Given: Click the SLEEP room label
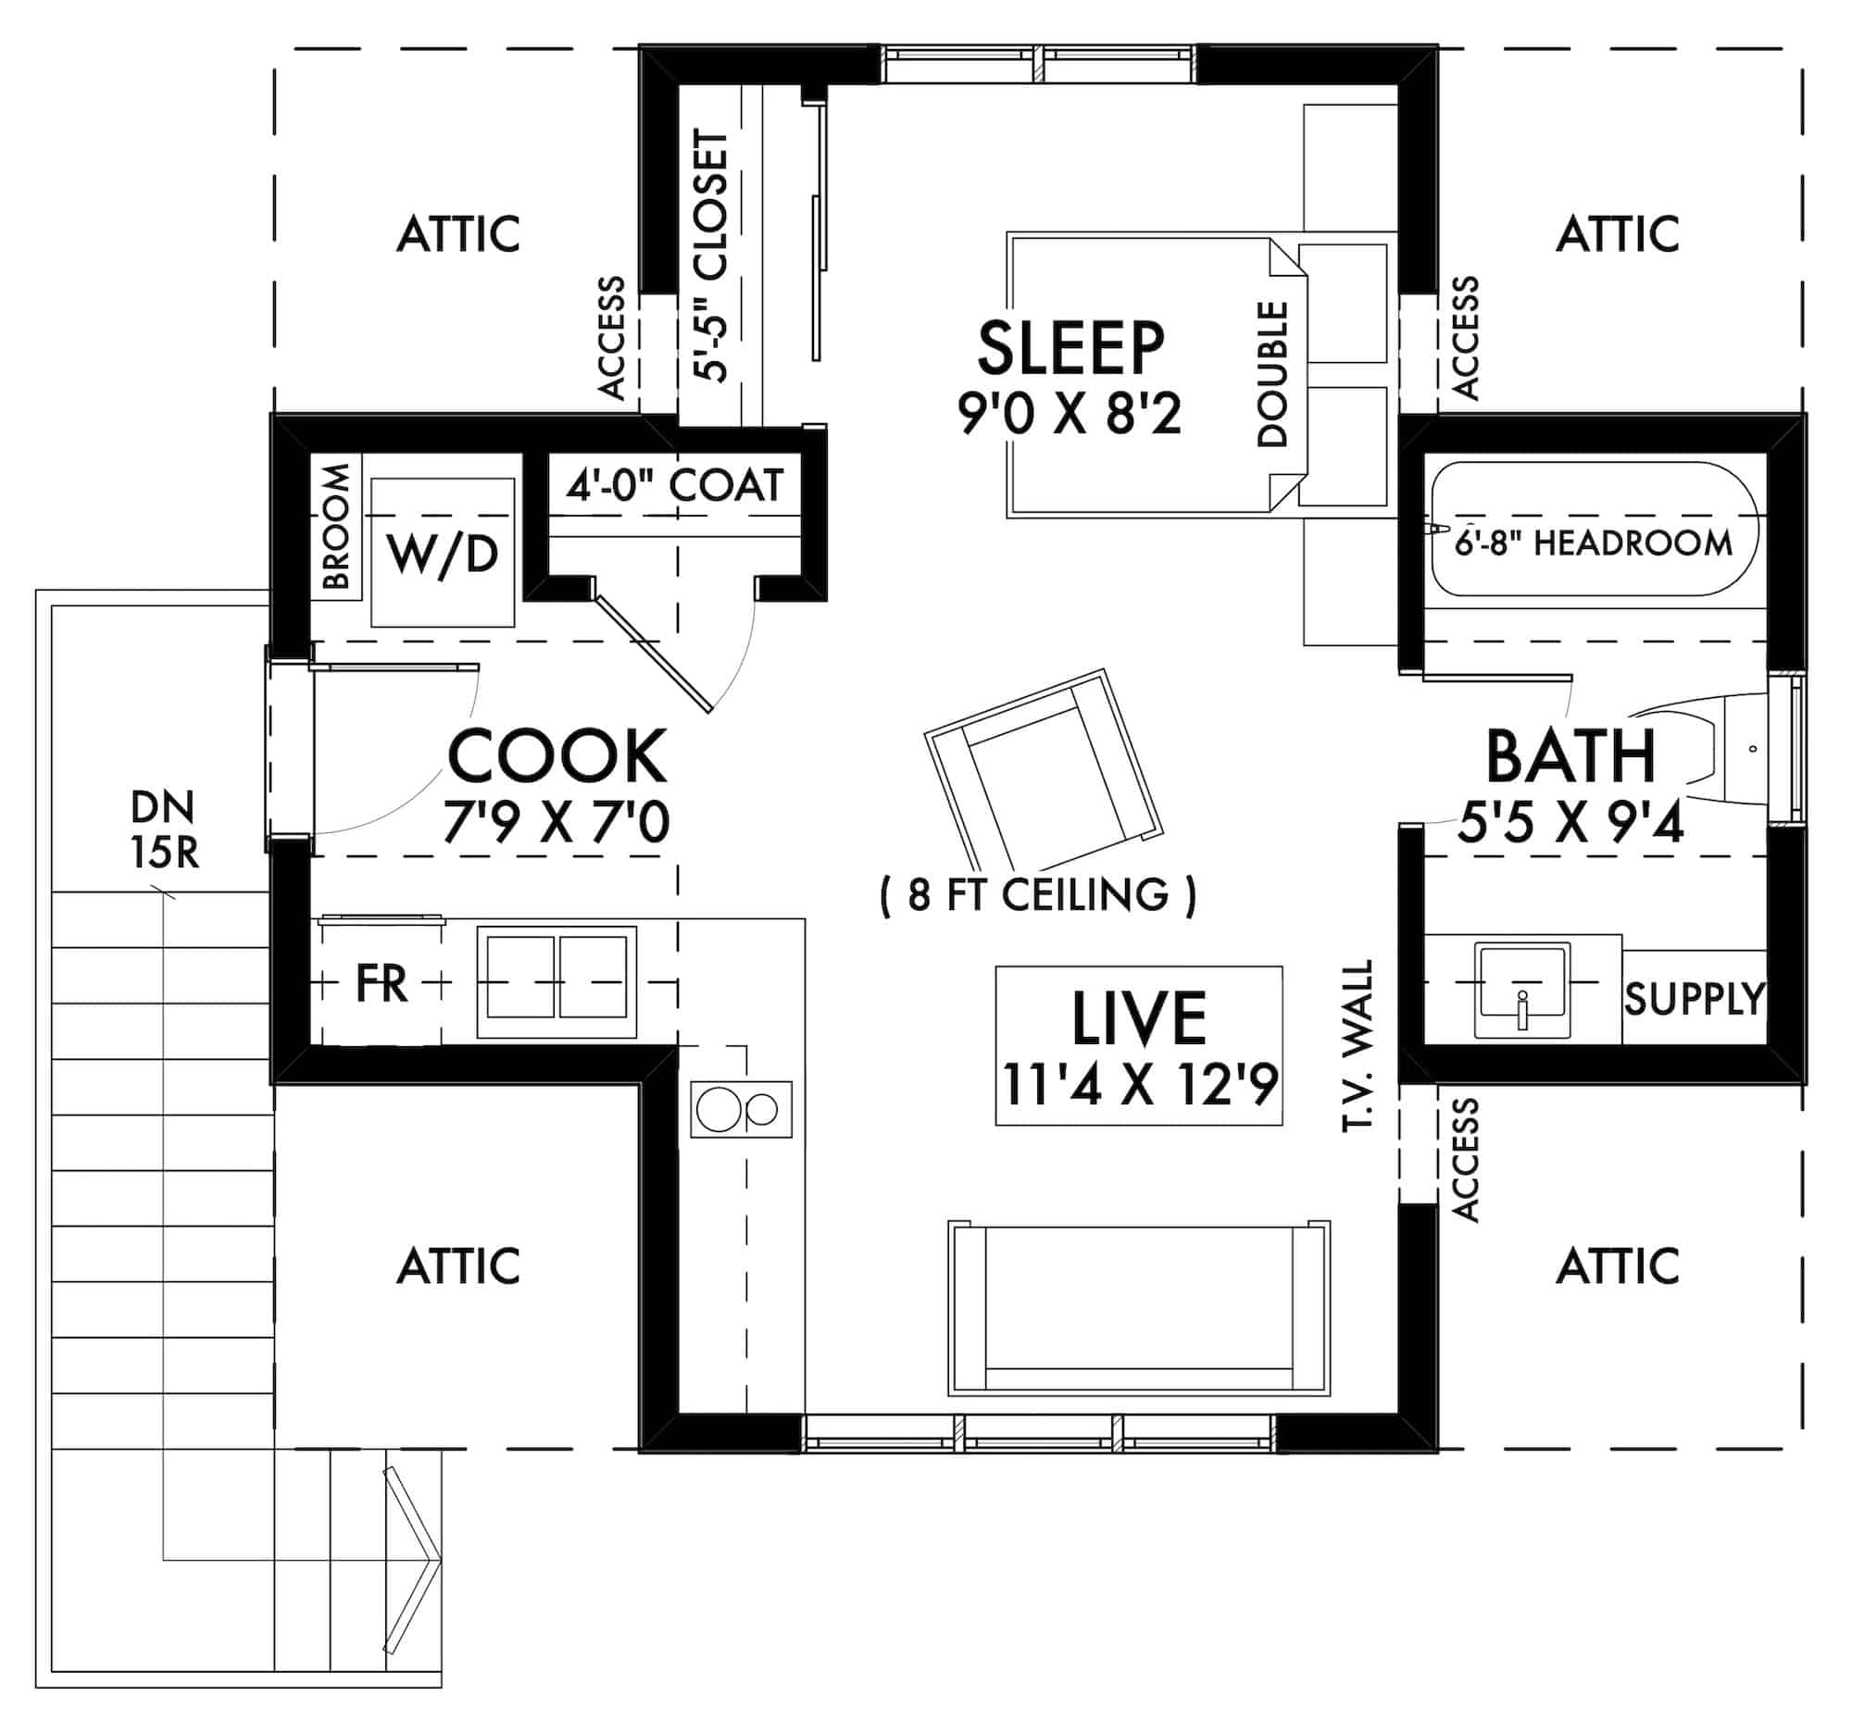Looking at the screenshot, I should pos(1070,349).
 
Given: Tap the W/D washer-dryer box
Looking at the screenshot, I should pos(443,554).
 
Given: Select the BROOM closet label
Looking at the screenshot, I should pos(336,527).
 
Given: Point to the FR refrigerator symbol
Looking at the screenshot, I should pos(381,983).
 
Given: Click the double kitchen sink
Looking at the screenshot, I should pos(557,982).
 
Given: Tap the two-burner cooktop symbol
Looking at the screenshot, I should pos(740,1109).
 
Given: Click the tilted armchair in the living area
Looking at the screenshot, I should pos(1043,768).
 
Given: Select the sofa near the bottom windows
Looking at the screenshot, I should pos(1139,1309).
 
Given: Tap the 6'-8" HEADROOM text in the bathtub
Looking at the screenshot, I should pos(1593,543).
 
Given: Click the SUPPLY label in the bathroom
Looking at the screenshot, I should pos(1694,999).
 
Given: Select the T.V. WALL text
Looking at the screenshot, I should pos(1358,1046).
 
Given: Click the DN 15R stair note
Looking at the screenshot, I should pos(164,829).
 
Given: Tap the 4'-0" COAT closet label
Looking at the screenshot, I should pos(674,486).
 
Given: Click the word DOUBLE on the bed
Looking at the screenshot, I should pos(1272,373).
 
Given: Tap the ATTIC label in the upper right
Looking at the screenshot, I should pos(1618,233).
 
